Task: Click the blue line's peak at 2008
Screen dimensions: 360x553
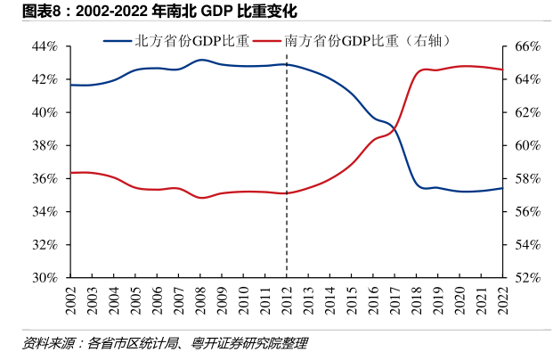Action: click(201, 60)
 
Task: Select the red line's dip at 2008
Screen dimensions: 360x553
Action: click(202, 197)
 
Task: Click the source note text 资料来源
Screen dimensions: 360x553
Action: click(52, 343)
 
